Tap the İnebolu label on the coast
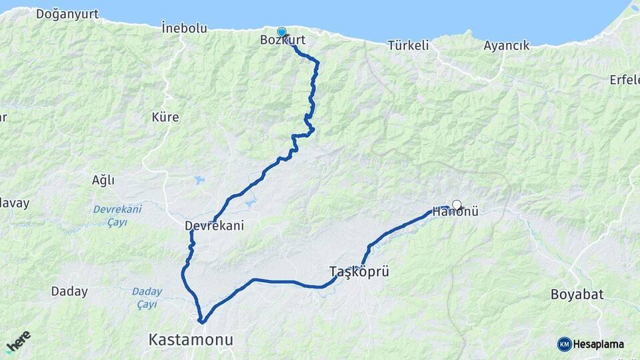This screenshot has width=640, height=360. coord(184,28)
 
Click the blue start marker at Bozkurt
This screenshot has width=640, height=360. coord(281,32)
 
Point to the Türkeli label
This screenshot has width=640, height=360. coord(408,45)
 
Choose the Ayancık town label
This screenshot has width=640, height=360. coord(507,45)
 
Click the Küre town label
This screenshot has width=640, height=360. coord(165,117)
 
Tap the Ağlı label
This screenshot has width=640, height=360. coord(103,180)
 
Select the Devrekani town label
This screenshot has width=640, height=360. coord(214,226)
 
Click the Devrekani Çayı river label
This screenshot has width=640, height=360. coord(117,215)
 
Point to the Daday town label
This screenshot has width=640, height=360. coord(69,291)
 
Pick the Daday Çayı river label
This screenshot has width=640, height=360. coord(147,297)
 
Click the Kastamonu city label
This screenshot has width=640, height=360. coord(191,340)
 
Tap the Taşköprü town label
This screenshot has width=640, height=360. coord(359,271)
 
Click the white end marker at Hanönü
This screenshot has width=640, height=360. coord(457,205)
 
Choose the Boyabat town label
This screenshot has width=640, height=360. coord(577,294)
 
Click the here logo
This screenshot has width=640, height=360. coord(18,341)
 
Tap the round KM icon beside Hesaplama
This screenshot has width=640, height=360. coord(564,344)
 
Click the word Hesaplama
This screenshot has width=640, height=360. coord(599,344)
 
